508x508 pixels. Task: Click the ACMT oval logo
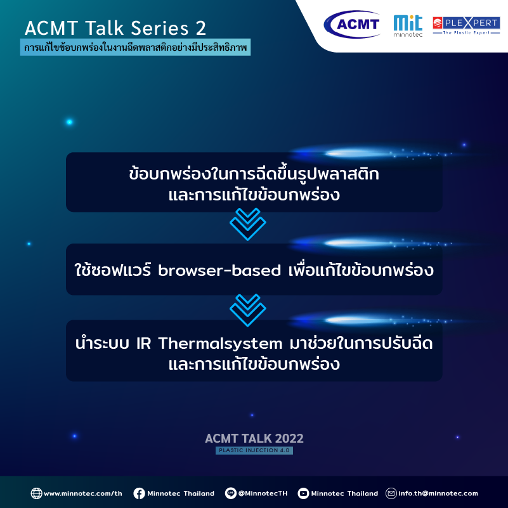point(352,24)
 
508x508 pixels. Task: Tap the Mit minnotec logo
point(408,26)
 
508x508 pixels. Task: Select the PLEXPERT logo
point(466,25)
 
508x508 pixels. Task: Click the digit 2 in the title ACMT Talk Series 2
point(201,28)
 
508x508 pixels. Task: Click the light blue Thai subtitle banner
point(135,48)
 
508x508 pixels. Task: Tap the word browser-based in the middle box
point(219,270)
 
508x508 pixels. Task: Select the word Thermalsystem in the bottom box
point(220,343)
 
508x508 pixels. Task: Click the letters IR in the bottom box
point(143,343)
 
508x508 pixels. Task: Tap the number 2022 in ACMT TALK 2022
point(289,438)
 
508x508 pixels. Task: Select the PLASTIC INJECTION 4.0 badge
point(254,450)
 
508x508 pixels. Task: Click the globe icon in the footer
point(36,493)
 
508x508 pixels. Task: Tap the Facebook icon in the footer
point(140,493)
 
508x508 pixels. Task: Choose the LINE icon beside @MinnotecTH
point(231,493)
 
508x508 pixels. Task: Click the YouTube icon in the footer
point(303,493)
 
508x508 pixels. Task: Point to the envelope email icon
point(391,493)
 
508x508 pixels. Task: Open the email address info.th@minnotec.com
point(438,493)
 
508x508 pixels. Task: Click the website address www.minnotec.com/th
point(83,494)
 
